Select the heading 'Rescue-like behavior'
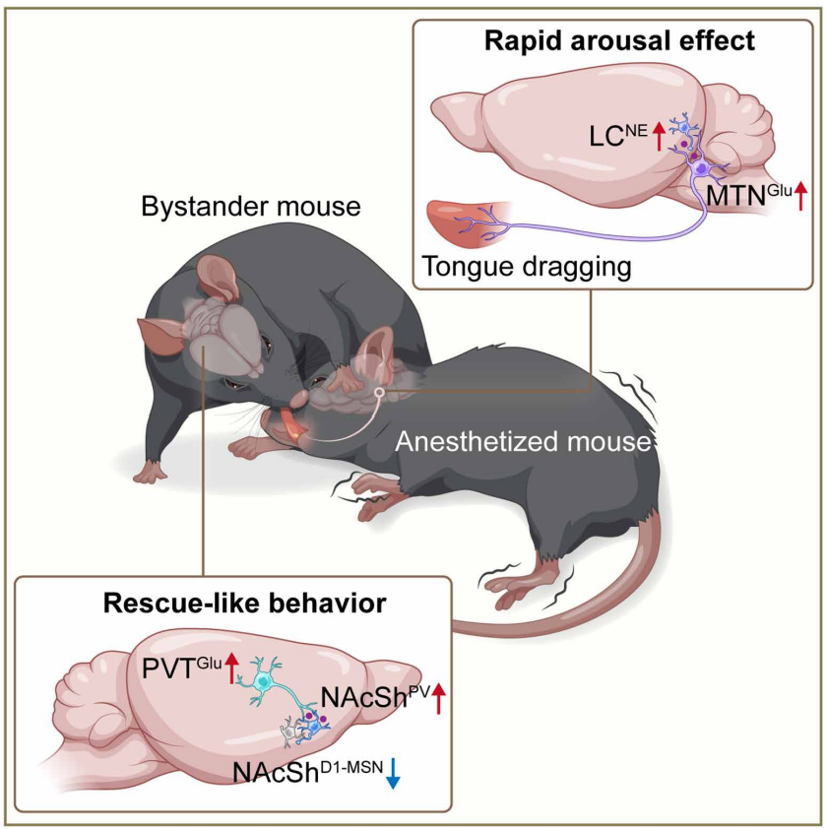pos(232,603)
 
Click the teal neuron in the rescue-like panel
pos(264,680)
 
